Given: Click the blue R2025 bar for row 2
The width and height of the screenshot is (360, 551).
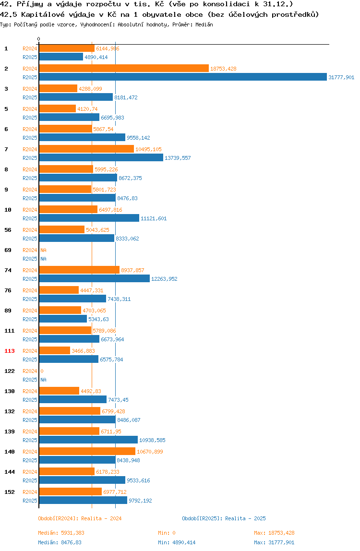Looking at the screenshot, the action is coord(183,77).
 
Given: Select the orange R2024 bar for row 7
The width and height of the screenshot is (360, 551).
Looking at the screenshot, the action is coord(86,149).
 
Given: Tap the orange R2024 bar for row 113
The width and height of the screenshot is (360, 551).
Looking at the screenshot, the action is coord(55,351).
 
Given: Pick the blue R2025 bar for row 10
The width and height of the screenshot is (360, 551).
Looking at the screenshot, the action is coord(89,218).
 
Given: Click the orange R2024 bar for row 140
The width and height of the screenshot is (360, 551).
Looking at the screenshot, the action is coord(87,452).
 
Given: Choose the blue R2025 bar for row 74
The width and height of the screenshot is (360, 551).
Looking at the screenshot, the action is coord(94,279).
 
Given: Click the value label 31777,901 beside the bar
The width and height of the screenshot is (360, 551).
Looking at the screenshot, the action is coord(341,77).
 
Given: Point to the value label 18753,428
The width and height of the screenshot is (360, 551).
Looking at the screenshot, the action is coord(223,69).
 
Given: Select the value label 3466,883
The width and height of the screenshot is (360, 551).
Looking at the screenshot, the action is coord(84,351).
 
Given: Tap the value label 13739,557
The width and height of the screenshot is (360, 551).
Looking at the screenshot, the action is coord(178,158).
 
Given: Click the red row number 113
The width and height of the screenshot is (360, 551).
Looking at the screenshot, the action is coord(10,351).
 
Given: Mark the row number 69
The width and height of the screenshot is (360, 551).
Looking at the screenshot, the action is coord(8,250).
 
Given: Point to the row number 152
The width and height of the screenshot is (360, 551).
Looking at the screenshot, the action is coord(10,492).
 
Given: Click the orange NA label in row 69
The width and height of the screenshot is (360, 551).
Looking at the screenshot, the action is coord(43,250).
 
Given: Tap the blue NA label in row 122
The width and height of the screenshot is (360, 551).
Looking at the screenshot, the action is coord(43,380).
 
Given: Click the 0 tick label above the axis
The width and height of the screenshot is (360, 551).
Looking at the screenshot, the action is coord(39,39).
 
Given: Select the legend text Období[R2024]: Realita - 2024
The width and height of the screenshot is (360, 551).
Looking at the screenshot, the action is coord(80,518).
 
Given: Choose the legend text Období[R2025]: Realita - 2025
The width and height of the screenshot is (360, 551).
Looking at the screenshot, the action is coord(224,518).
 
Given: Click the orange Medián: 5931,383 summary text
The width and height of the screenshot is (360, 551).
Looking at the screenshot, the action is coord(61,533).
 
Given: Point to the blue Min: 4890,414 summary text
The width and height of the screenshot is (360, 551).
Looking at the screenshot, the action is coord(177,542).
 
